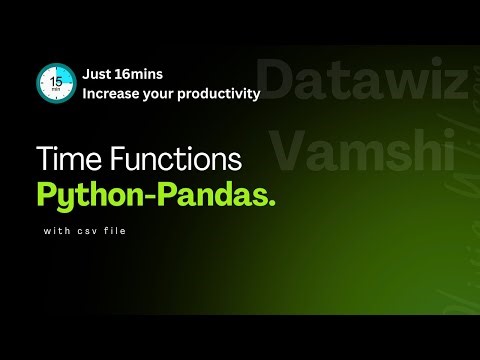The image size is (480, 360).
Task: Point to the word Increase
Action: [113, 95]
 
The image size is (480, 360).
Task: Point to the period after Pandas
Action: [271, 204]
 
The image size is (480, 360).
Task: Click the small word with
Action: [56, 233]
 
